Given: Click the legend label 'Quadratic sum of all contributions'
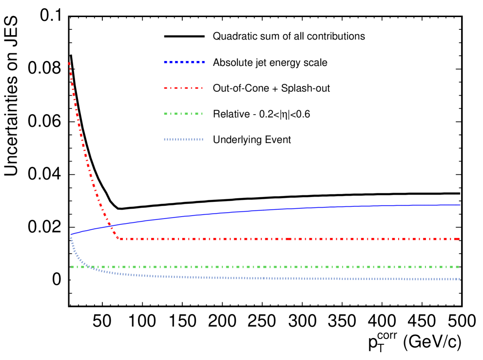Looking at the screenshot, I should (289, 37).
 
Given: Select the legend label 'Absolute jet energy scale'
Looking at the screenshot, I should (270, 63).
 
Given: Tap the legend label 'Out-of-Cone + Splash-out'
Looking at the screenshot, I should (271, 89).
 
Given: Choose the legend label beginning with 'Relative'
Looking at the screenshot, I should (262, 115).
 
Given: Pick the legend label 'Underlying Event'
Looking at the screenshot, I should (252, 140).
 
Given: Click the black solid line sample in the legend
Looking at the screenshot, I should (184, 37).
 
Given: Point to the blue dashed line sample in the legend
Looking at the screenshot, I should (184, 62).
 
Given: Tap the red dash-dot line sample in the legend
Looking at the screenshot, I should (184, 88).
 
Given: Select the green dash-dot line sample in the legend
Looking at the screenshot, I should (184, 114).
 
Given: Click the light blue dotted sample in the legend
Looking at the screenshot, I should (184, 140).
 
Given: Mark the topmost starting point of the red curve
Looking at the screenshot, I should (70, 62).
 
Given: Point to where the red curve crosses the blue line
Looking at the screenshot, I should (111, 226).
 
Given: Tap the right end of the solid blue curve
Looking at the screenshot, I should (460, 205).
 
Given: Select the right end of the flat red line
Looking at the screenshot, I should (460, 239).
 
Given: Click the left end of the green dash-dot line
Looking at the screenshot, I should (71, 267).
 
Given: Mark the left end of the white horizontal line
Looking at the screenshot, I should (71, 280).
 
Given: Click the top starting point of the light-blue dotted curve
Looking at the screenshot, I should (71, 238).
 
